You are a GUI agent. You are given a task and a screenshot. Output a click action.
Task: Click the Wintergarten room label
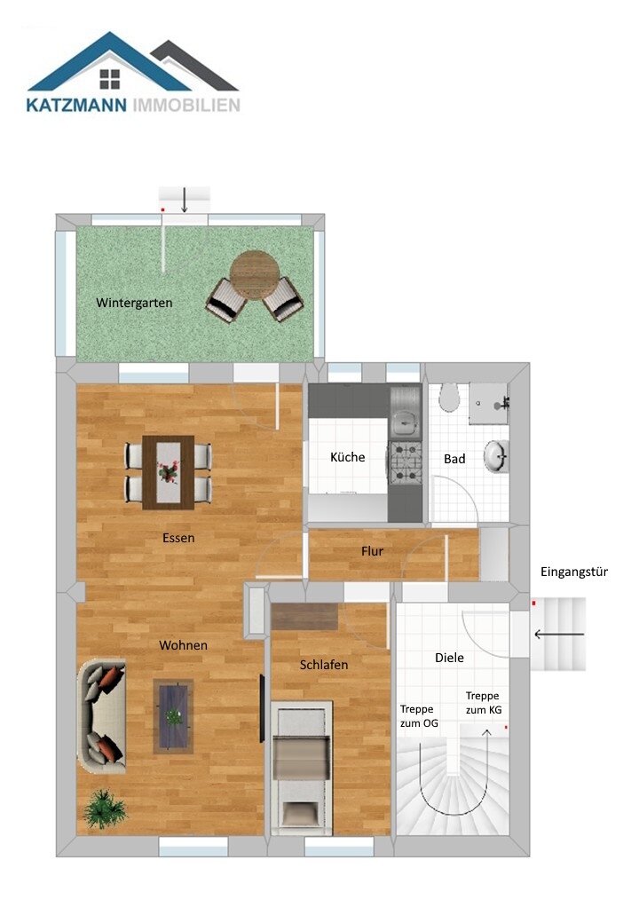[x=134, y=303]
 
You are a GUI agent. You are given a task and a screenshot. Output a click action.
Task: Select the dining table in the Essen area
[x=169, y=471]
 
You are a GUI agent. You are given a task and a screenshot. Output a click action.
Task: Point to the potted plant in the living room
[x=105, y=809]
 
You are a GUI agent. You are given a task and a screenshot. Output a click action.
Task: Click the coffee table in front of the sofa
[x=173, y=715]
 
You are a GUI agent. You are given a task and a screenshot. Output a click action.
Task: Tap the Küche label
[x=347, y=458]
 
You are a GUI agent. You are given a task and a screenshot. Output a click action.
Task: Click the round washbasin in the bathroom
[x=497, y=457]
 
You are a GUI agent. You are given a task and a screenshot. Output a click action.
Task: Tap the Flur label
[x=372, y=551]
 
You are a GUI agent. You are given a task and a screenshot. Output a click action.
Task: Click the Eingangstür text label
[x=573, y=572]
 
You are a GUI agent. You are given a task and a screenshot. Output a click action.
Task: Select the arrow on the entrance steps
[x=558, y=634]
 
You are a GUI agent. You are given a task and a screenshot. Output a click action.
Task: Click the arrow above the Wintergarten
[x=184, y=200]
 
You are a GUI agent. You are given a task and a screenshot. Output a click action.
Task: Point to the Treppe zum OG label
[x=418, y=716]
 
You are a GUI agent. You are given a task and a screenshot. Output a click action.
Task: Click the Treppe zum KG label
[x=483, y=704]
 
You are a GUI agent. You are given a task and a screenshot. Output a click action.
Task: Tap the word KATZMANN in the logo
[x=78, y=106]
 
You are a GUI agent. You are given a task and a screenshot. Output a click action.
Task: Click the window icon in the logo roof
[x=110, y=80]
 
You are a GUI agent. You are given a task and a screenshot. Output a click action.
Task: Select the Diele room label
[x=449, y=658]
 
